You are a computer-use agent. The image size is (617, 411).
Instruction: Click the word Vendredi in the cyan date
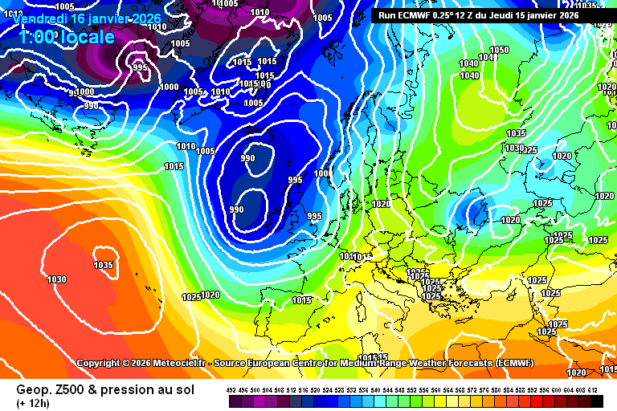click(x=33, y=18)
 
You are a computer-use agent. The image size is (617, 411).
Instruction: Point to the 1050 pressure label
click(x=499, y=50)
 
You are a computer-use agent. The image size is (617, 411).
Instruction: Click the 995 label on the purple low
click(x=140, y=67)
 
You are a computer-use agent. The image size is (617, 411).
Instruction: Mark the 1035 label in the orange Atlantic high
click(x=103, y=265)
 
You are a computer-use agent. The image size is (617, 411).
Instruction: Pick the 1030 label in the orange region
click(x=57, y=279)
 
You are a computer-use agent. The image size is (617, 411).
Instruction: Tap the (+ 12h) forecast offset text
click(x=33, y=402)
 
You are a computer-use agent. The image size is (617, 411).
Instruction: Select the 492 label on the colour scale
click(x=231, y=389)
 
